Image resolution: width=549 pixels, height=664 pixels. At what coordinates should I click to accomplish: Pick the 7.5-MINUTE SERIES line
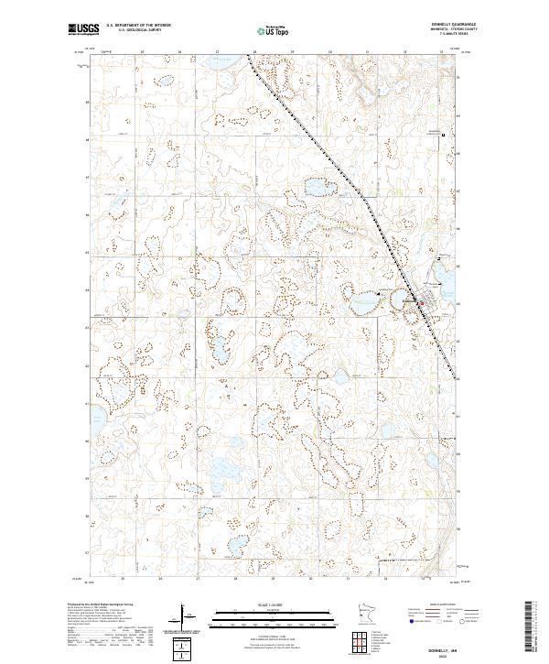439,36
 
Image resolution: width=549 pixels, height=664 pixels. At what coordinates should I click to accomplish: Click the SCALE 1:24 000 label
274,604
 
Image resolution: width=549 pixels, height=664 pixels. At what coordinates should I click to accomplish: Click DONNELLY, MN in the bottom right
439,645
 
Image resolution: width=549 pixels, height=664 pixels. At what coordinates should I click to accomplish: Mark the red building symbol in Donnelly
420,304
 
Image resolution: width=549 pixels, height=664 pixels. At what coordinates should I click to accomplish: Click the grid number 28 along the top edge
236,52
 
